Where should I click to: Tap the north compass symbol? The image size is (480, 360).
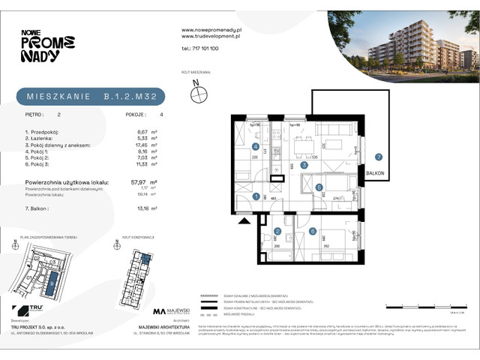[199, 93]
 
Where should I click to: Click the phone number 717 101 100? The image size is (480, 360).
[200, 47]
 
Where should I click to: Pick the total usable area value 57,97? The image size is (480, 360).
[137, 181]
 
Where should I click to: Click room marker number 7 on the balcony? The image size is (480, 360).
[379, 157]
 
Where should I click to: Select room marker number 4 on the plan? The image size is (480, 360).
[255, 147]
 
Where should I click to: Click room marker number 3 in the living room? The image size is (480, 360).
[303, 164]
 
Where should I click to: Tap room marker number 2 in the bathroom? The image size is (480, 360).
[277, 232]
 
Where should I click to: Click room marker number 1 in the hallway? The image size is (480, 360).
[256, 197]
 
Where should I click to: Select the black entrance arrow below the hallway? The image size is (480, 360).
[242, 221]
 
